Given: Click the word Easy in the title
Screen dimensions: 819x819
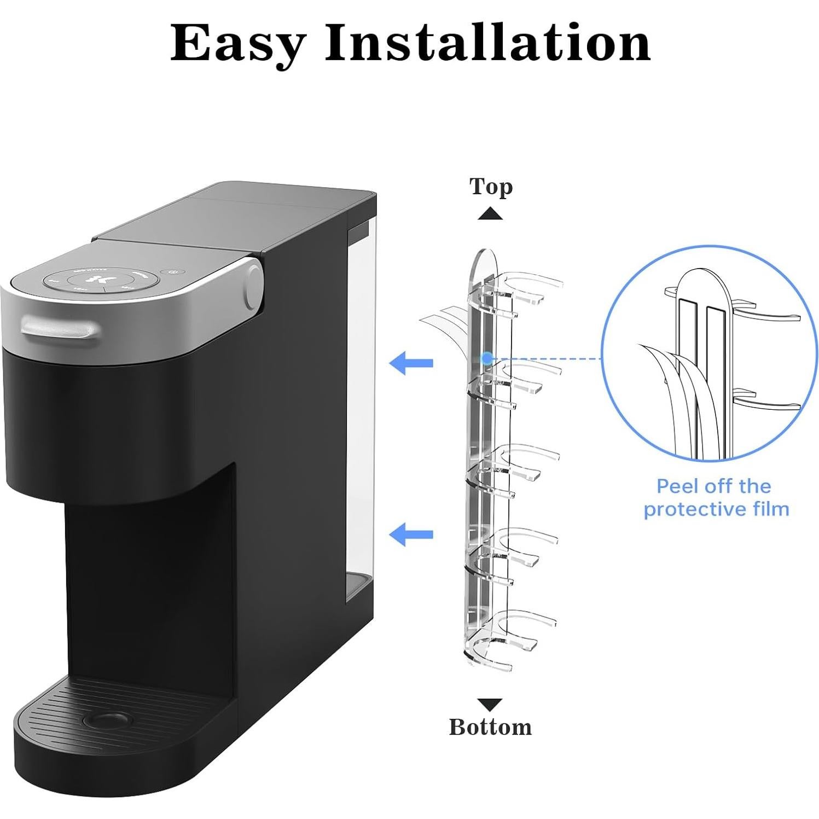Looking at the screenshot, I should [238, 44].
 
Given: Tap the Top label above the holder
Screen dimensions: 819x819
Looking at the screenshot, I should [491, 187].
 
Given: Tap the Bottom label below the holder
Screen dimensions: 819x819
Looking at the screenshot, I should [490, 727].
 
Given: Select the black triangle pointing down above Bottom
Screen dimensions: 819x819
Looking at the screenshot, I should [490, 705].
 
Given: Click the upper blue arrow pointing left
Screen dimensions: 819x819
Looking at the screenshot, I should [411, 363].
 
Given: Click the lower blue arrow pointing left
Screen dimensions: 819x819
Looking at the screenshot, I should [411, 533].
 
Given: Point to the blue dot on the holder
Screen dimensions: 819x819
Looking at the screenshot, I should [486, 358].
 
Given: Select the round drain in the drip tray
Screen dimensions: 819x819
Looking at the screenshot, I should [103, 721].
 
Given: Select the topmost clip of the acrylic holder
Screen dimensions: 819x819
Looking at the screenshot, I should [525, 290].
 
